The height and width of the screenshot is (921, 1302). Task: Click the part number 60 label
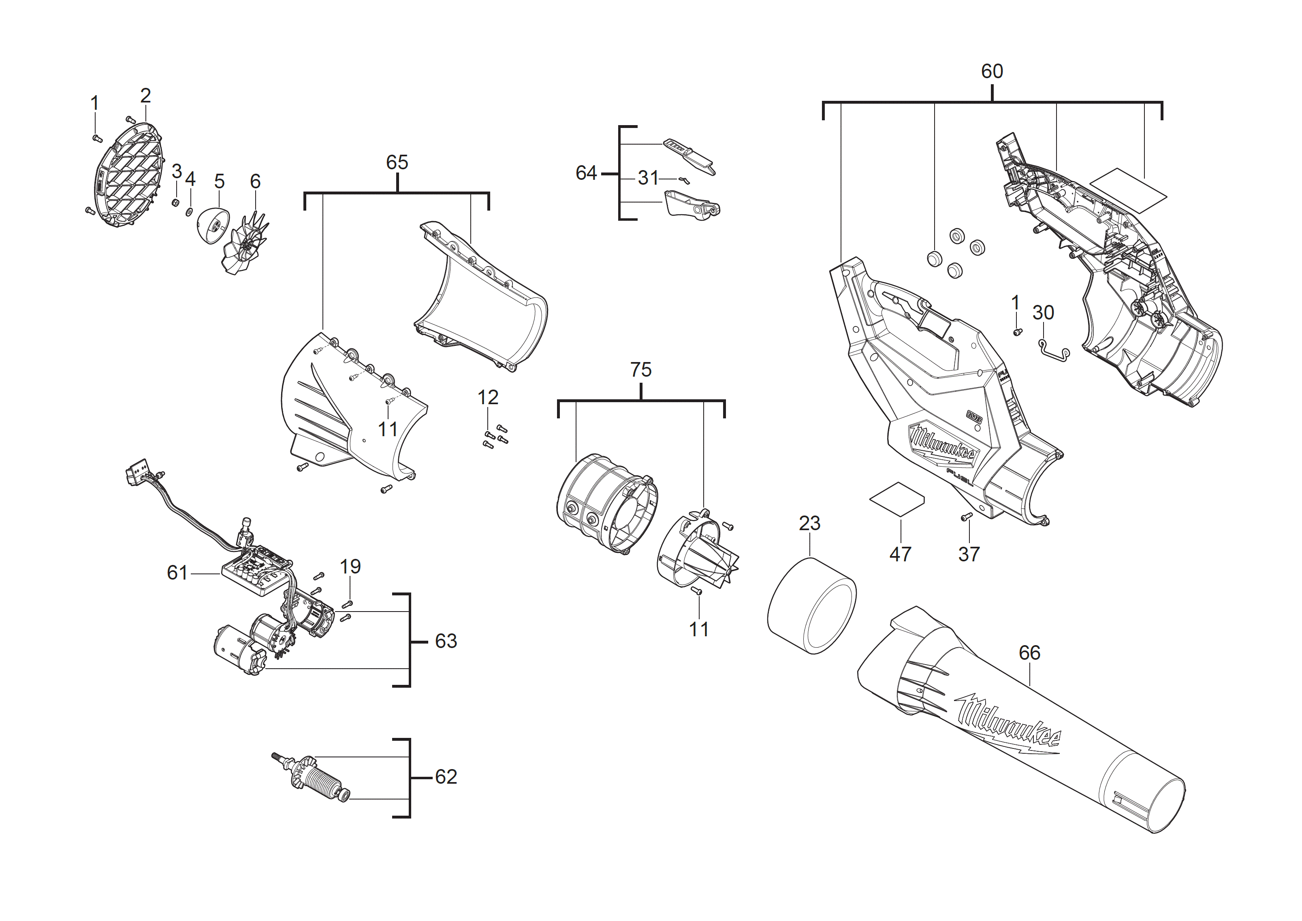click(992, 71)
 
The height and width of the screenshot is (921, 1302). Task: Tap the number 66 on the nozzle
click(1029, 653)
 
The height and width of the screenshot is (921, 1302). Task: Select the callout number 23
click(809, 523)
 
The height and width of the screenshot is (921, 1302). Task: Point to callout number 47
click(900, 554)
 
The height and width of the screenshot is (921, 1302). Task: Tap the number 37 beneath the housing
click(969, 554)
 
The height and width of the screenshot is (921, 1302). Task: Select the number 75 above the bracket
click(641, 370)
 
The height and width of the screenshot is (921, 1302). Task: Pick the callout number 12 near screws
click(488, 398)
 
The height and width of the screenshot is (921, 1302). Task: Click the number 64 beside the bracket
click(586, 173)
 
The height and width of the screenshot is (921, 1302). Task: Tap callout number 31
click(648, 178)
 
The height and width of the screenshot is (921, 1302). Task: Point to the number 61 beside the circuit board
click(177, 573)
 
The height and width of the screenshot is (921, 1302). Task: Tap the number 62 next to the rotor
click(446, 777)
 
